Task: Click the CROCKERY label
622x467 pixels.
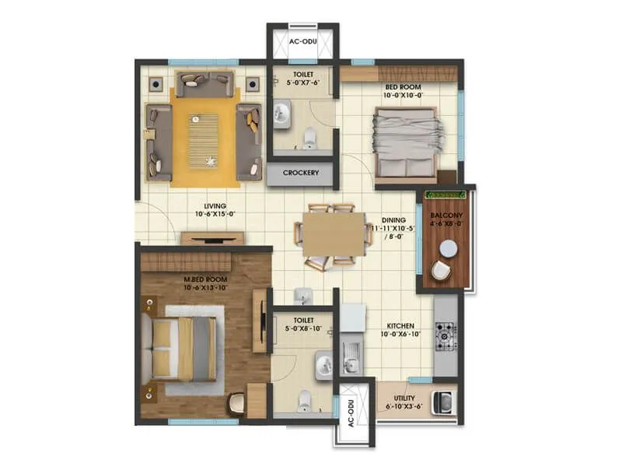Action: pos(300,173)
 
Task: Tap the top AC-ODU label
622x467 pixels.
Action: pos(302,41)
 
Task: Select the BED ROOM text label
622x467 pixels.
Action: pos(402,88)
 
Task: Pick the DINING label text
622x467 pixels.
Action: pos(393,220)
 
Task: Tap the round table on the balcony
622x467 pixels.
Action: pos(448,248)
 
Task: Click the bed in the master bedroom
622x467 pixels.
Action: pos(184,349)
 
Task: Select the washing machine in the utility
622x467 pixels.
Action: pos(444,402)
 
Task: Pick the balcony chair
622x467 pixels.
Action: pos(441,270)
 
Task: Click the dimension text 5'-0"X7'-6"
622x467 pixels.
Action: pos(303,83)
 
